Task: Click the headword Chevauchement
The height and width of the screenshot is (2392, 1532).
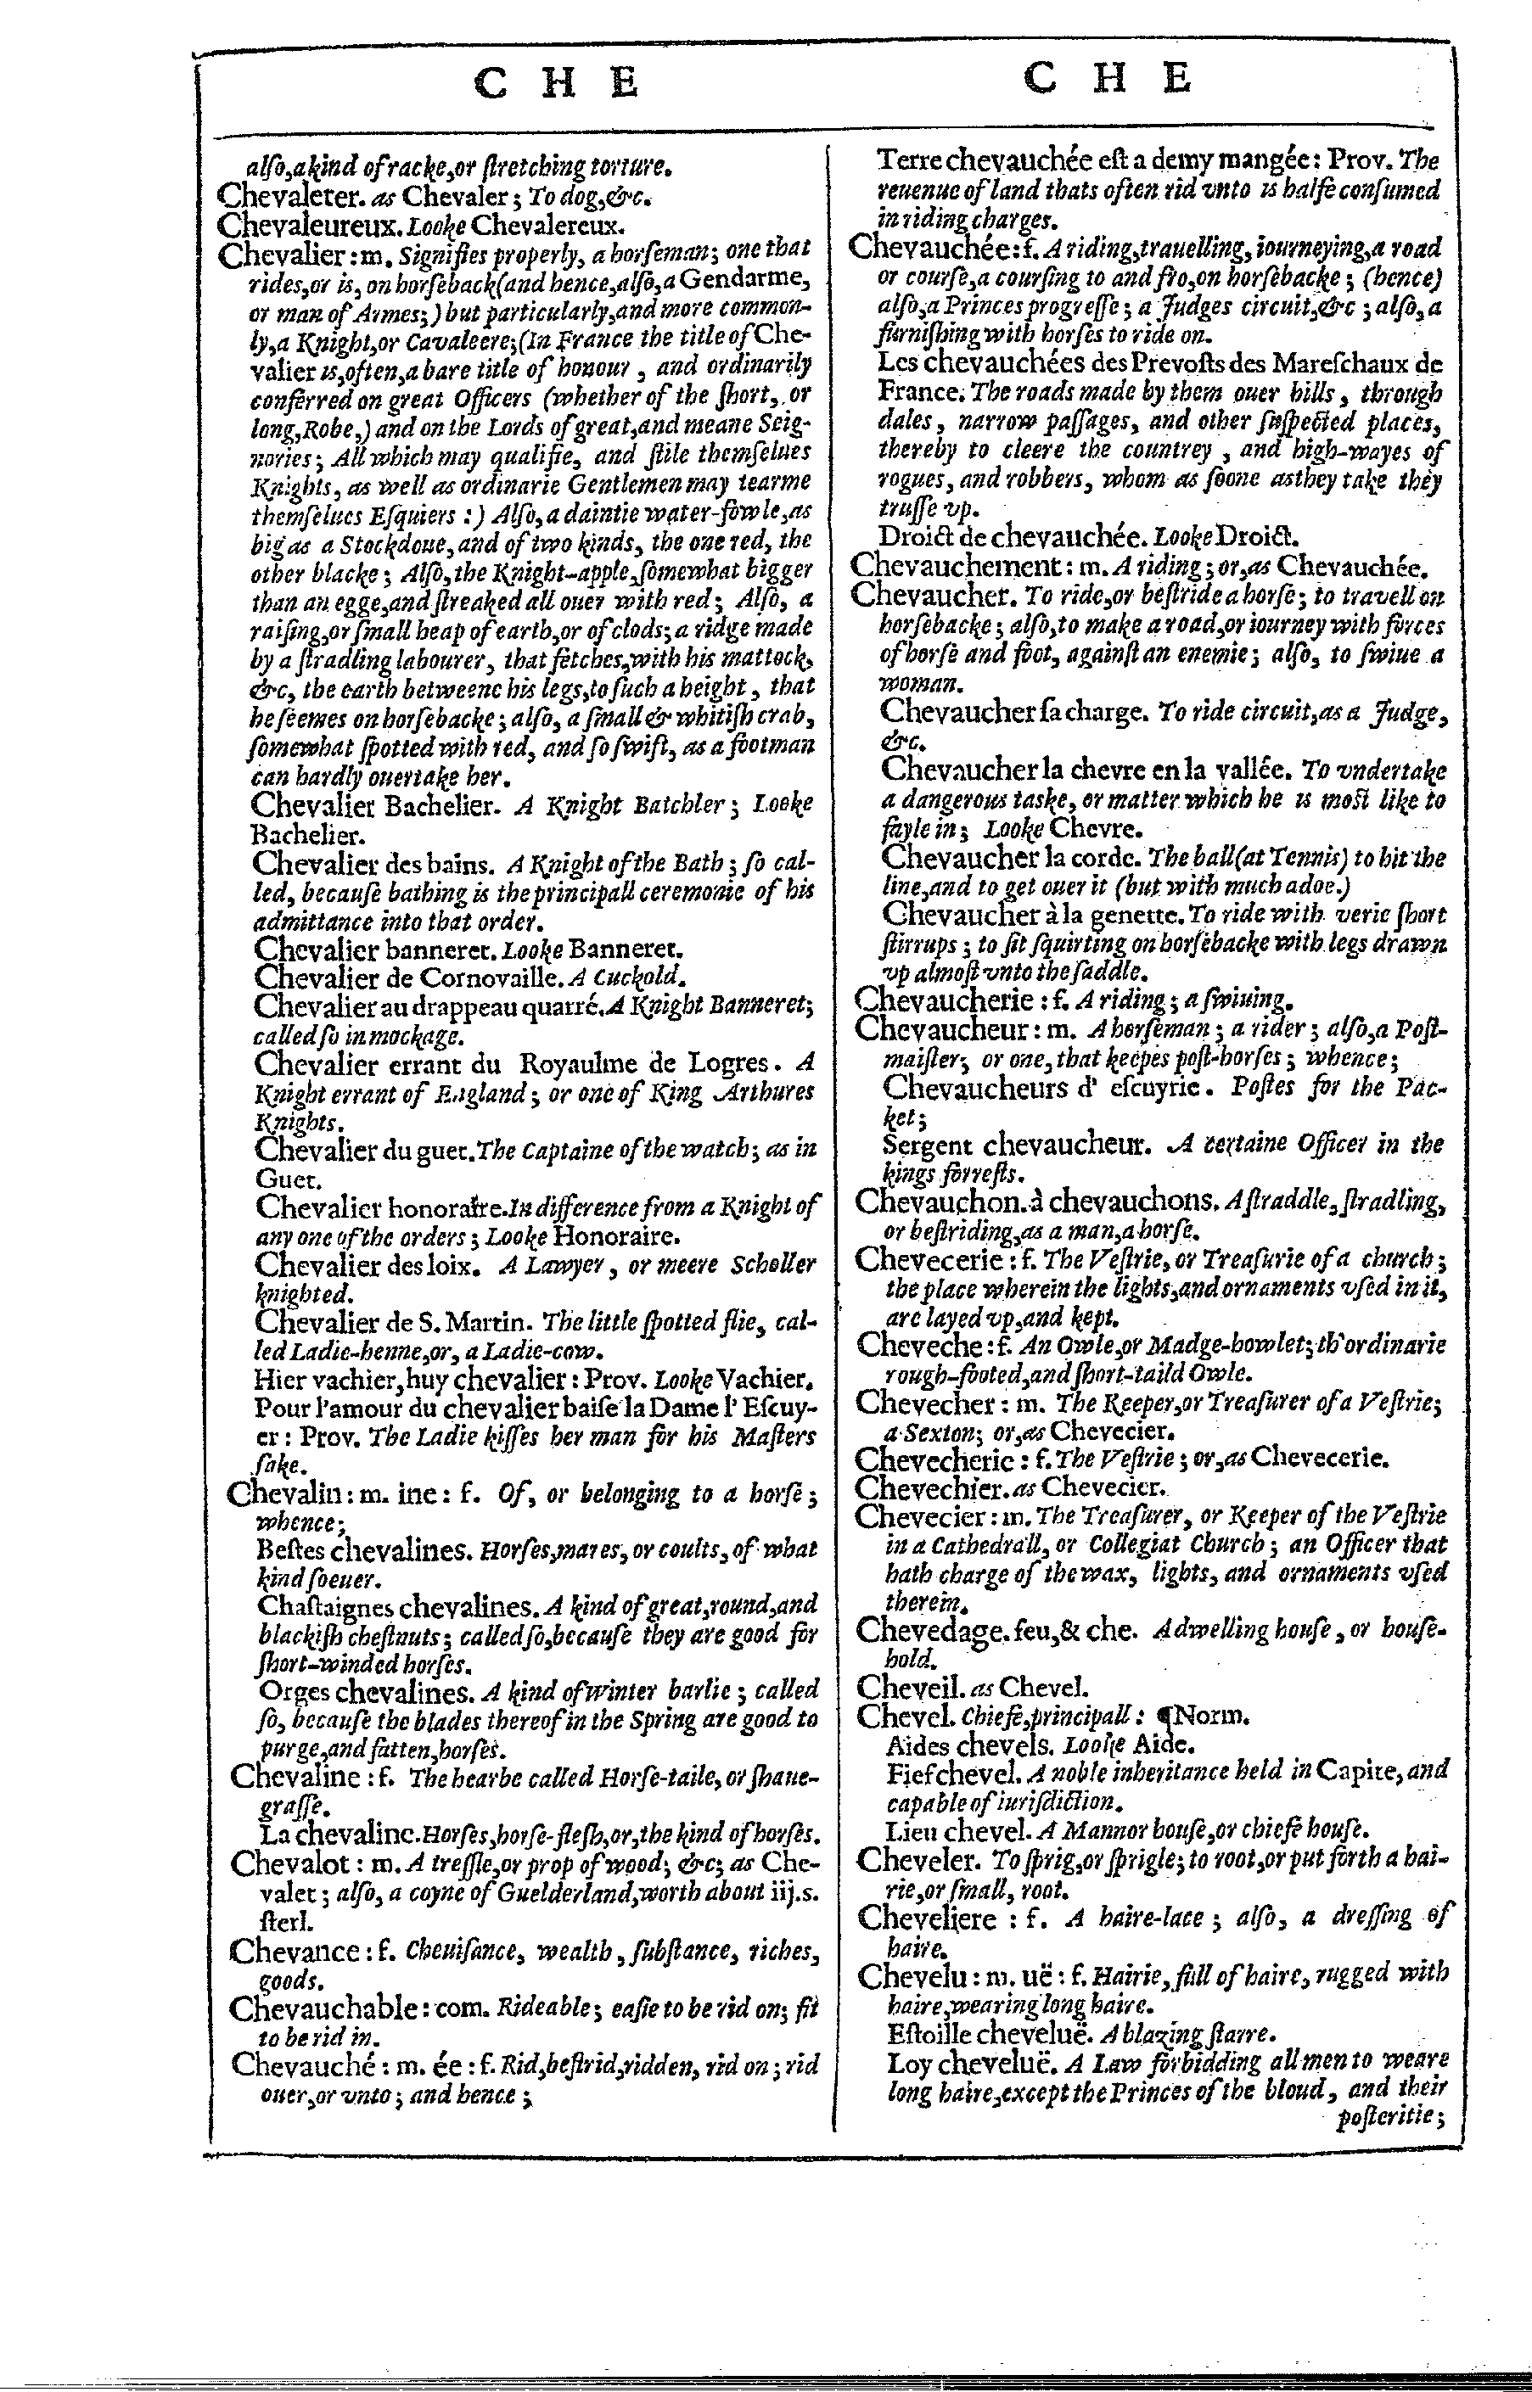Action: pos(956,567)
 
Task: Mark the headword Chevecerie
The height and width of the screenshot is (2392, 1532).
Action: pos(929,1259)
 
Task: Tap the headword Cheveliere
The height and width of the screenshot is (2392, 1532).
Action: pos(924,1918)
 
